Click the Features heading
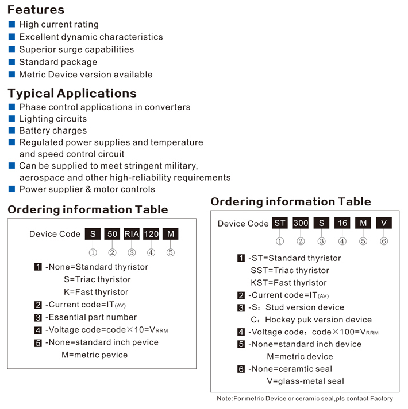point(36,10)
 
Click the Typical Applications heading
point(72,94)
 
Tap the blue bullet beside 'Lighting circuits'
point(11,119)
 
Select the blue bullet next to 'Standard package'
point(11,62)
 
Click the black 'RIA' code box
point(132,234)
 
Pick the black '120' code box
point(151,234)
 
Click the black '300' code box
point(301,223)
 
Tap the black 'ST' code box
point(280,223)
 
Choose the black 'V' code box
point(384,223)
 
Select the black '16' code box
point(342,223)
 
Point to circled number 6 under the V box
point(384,241)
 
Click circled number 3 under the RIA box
point(132,252)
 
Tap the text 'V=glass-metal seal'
point(305,381)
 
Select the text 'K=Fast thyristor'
point(96,292)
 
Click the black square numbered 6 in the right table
point(241,369)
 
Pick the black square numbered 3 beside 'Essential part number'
point(38,317)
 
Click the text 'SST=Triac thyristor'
point(290,271)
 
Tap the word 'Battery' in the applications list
point(34,131)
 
